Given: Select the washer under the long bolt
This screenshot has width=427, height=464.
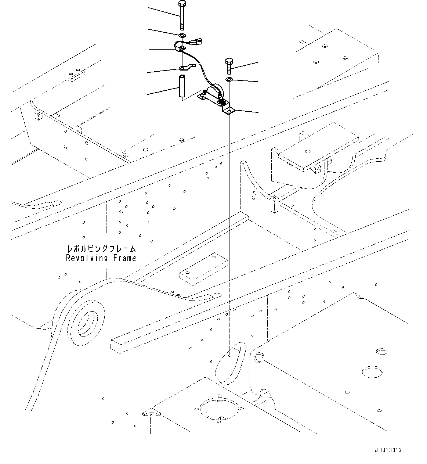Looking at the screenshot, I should [182, 35].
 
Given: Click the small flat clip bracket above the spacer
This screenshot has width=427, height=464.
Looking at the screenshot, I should [185, 68].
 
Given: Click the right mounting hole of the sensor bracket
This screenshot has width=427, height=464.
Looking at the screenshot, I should [229, 110].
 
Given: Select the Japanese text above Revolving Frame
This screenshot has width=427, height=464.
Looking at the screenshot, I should [101, 249].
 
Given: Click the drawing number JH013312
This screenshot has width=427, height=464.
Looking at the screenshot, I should [388, 450].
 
